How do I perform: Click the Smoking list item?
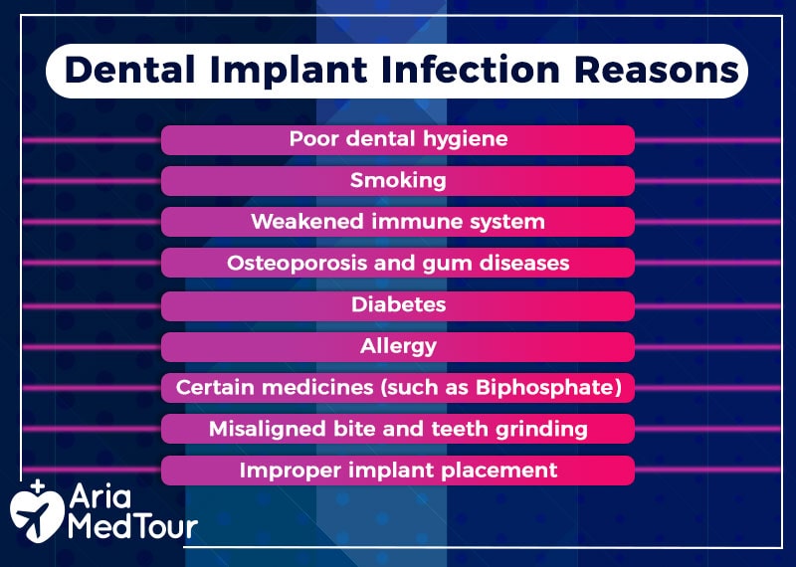click(398, 181)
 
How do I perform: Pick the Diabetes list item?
click(398, 305)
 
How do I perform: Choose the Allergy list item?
click(398, 347)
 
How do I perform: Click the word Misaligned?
click(268, 430)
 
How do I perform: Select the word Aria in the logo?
click(100, 496)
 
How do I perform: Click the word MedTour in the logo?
click(132, 527)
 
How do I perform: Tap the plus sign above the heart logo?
click(38, 486)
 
